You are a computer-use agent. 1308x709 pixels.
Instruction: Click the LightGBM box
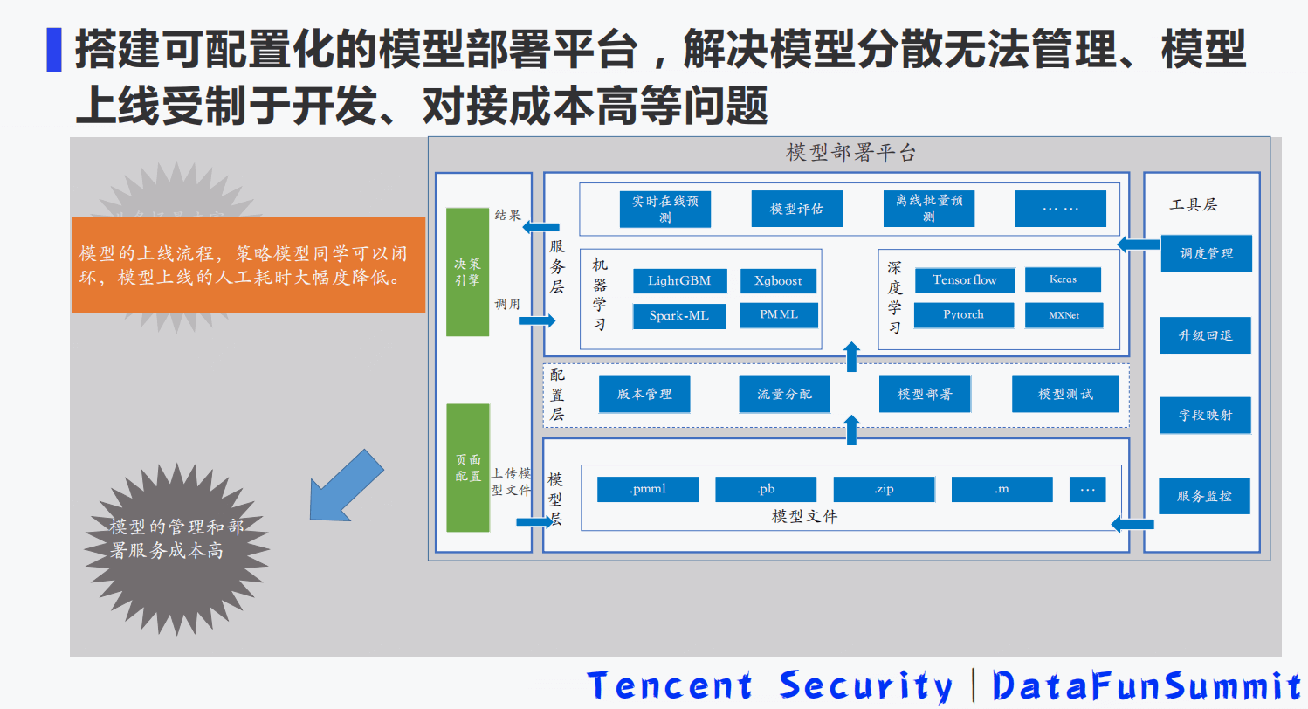pyautogui.click(x=679, y=281)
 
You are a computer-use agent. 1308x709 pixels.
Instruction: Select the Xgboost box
pyautogui.click(x=778, y=281)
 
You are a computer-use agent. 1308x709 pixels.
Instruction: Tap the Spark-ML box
pyautogui.click(x=679, y=316)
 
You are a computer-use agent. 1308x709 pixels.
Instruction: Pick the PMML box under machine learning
pyautogui.click(x=778, y=314)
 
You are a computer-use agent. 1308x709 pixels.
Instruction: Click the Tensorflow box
pyautogui.click(x=965, y=280)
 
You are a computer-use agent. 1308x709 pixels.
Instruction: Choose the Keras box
pyautogui.click(x=1063, y=279)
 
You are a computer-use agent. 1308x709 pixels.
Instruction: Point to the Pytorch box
pyautogui.click(x=964, y=314)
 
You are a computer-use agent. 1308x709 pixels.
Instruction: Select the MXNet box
pyautogui.click(x=1064, y=314)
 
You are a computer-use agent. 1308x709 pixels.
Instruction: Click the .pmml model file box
pyautogui.click(x=647, y=489)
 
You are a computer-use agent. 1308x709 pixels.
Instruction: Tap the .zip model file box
pyautogui.click(x=884, y=489)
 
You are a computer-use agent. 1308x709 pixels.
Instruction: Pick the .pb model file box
pyautogui.click(x=766, y=489)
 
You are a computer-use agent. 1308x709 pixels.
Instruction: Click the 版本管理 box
pyautogui.click(x=644, y=394)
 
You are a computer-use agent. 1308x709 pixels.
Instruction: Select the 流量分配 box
pyautogui.click(x=784, y=394)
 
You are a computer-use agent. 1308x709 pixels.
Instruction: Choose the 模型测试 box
pyautogui.click(x=1065, y=394)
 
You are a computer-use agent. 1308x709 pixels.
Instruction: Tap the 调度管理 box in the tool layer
pyautogui.click(x=1206, y=253)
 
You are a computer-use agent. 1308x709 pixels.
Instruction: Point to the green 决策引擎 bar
pyautogui.click(x=467, y=272)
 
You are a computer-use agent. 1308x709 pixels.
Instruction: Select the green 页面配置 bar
pyautogui.click(x=467, y=467)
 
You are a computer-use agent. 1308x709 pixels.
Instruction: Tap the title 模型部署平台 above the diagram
pyautogui.click(x=850, y=154)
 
